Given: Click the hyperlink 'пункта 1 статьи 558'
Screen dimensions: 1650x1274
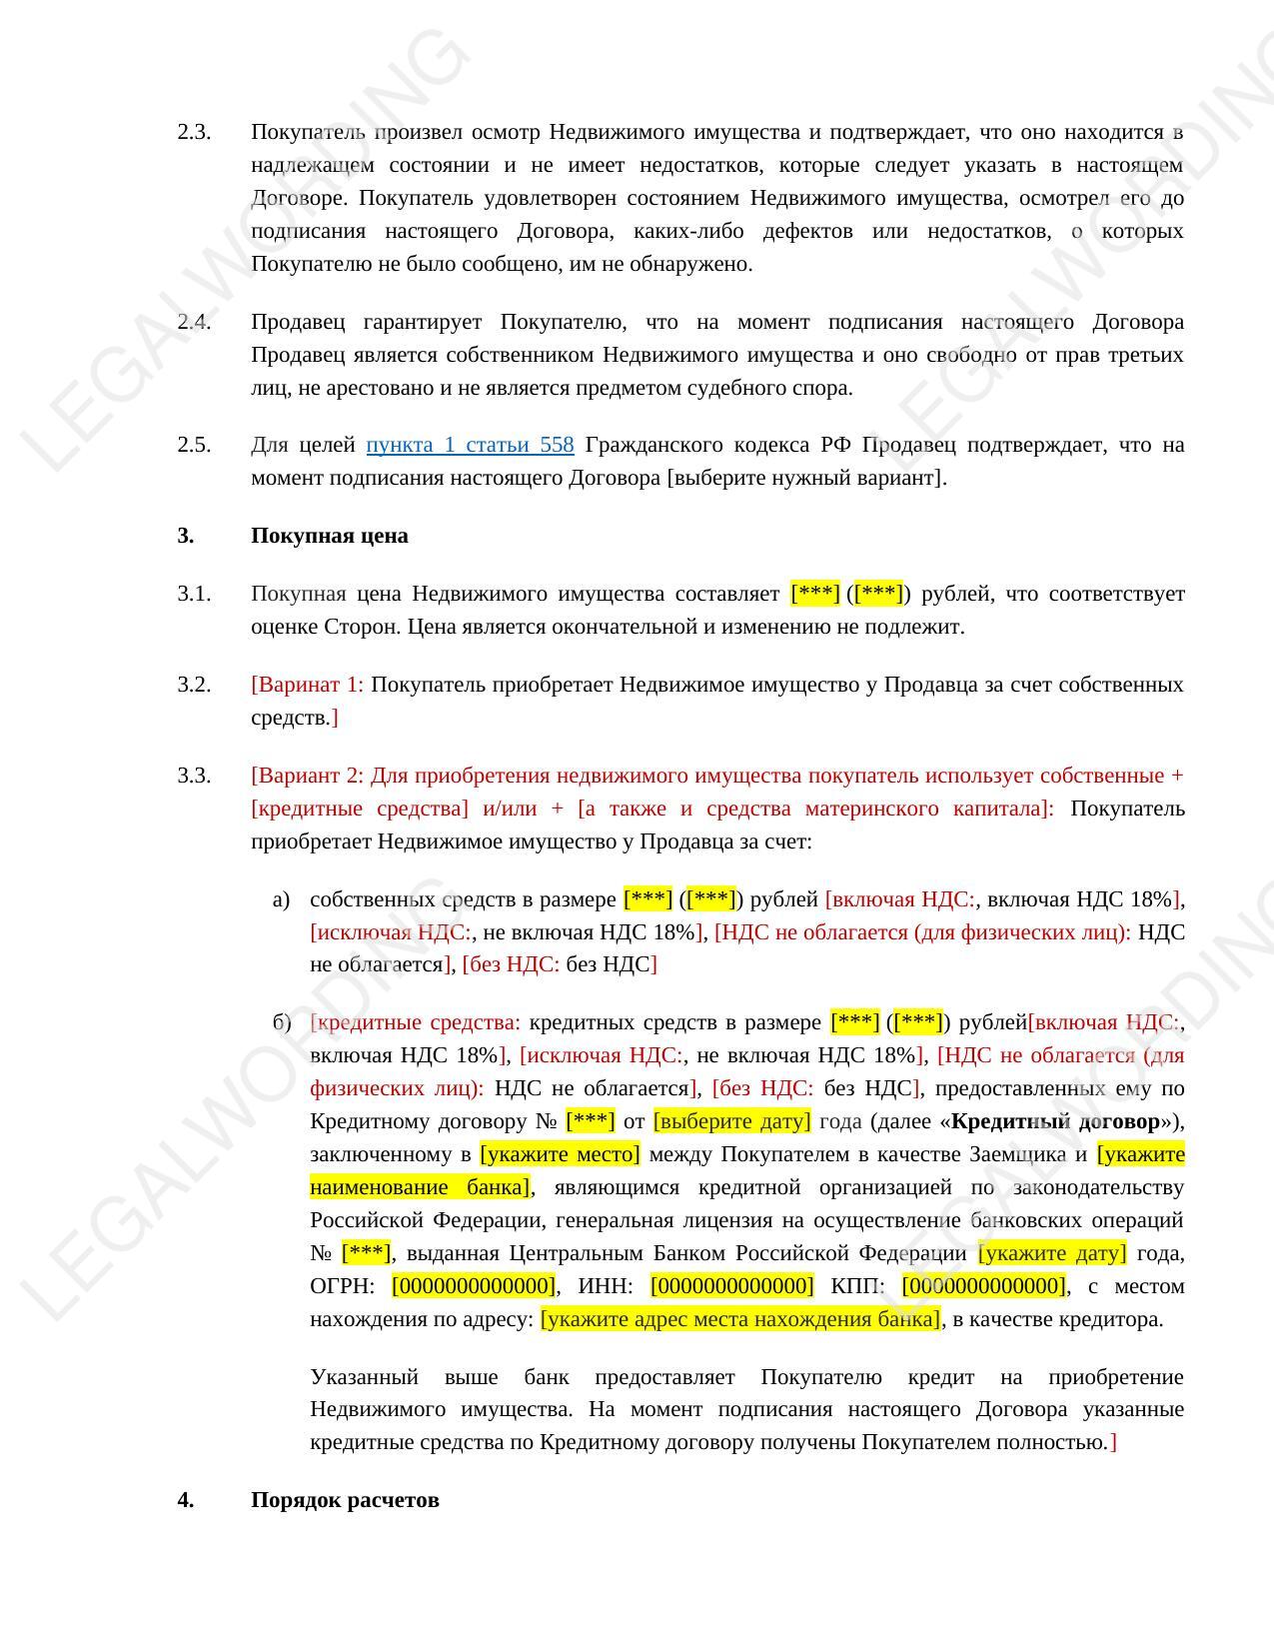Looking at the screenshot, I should point(470,445).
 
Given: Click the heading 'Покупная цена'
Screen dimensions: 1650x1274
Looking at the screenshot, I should point(329,536).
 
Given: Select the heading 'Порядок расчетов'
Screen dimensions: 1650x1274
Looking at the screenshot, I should point(345,1500).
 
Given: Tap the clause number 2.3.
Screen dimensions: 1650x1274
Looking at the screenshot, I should point(194,132).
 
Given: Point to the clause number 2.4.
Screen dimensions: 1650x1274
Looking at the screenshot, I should point(194,322).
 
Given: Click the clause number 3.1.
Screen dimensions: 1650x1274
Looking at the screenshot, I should point(194,594).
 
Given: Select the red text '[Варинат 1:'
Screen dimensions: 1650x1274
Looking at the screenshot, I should point(307,685).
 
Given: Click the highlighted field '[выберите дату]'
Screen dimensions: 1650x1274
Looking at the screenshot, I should point(731,1121).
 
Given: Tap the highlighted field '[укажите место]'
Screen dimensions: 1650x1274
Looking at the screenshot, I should point(560,1154).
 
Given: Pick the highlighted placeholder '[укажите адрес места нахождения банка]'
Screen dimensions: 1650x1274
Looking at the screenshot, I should point(740,1319).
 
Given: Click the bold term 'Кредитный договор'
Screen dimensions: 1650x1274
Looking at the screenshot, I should point(1055,1121).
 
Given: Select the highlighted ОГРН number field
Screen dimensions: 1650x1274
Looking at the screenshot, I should point(474,1286).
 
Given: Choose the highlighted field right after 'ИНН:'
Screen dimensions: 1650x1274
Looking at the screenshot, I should point(731,1286).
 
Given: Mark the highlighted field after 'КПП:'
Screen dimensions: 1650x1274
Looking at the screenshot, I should point(983,1286).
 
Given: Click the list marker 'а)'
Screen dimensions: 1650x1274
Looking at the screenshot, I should point(281,899).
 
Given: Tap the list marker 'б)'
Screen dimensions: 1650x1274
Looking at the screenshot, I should point(281,1022).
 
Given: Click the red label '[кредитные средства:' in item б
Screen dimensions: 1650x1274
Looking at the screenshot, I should point(415,1022).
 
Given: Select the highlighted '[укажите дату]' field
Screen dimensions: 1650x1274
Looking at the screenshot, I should point(1052,1253).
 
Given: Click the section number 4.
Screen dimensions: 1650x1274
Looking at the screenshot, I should point(186,1500).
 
